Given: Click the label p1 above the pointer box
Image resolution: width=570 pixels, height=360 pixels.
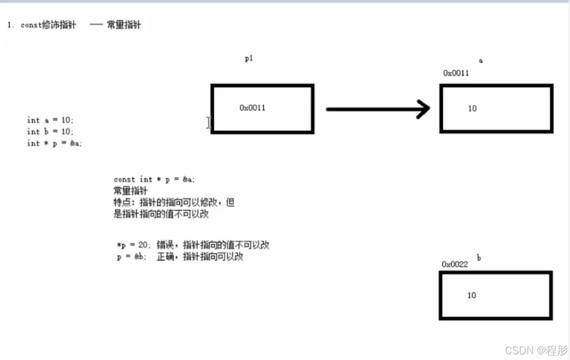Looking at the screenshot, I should coord(248,59).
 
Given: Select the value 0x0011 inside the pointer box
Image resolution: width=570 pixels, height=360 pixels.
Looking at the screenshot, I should coord(252,108).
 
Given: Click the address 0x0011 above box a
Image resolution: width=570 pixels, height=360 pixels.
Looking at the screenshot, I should coord(456,73).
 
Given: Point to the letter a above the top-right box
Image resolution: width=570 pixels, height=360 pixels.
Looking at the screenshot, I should coord(481,61).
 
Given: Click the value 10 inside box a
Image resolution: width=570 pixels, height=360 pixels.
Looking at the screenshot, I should coord(472,108).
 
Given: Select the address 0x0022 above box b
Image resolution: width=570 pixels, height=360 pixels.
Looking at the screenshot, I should coord(455,264).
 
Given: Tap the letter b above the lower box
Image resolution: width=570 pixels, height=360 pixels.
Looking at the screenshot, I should coord(479,257).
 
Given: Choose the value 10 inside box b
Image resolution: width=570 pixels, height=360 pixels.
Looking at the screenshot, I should coord(472,295).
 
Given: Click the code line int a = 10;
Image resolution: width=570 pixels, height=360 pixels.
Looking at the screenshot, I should coord(50,120).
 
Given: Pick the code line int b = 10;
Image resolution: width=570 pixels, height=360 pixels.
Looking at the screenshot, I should coord(50,131).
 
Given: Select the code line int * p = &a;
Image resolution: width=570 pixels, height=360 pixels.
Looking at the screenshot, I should coord(54,143).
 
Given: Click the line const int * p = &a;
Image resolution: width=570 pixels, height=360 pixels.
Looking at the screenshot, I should coord(154,179).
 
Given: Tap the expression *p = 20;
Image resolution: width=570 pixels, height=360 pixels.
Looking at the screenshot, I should coord(134,245).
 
